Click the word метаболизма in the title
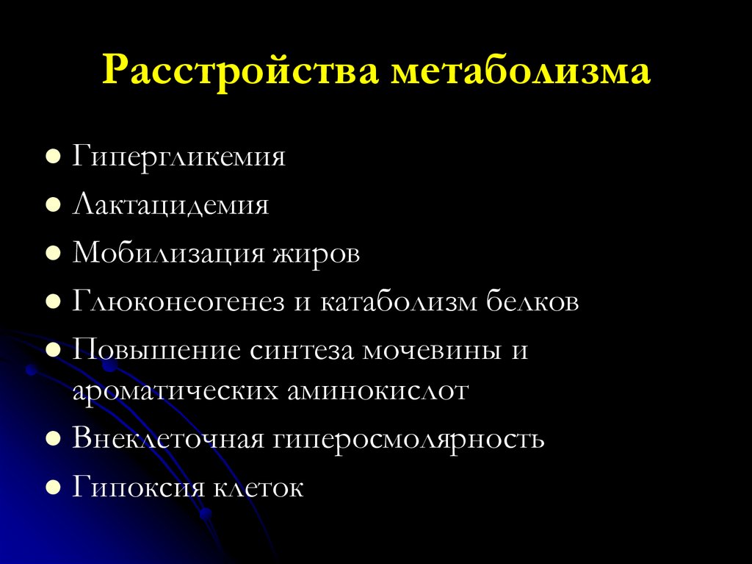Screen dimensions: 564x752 pos(521,73)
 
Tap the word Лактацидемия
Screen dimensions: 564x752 pos(170,205)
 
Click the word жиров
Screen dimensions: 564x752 pos(317,254)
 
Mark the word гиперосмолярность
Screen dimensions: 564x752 pos(410,439)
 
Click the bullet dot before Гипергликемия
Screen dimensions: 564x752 pos(53,159)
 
